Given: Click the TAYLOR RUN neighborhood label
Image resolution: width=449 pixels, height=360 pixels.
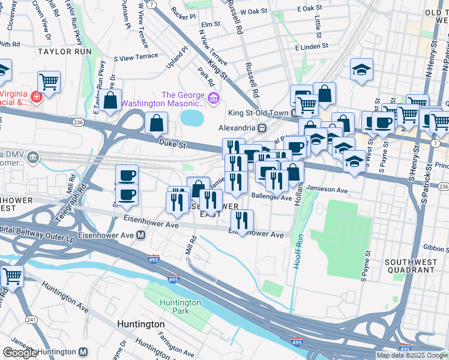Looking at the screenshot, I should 64,52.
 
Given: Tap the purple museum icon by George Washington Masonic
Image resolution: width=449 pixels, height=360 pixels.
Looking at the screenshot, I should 213,98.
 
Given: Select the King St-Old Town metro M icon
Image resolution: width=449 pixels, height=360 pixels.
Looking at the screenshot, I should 295,113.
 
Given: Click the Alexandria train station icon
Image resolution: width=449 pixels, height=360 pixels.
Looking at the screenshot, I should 262,128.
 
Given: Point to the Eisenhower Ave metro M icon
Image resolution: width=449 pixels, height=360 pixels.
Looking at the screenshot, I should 140,235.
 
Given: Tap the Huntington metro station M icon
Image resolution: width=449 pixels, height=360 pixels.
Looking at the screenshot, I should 83,352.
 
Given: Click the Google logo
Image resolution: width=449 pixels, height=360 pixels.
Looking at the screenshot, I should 20,353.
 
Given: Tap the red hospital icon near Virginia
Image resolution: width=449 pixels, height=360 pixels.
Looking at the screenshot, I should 35,97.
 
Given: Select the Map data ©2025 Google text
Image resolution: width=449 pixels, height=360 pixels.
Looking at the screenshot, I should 412,355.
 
